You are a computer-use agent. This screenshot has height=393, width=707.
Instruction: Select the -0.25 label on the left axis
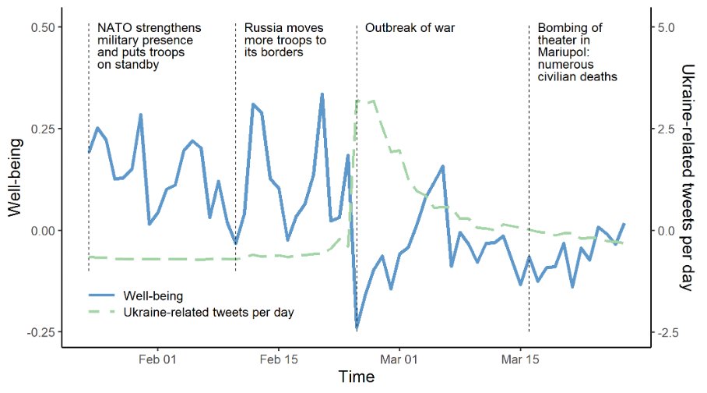pos(40,332)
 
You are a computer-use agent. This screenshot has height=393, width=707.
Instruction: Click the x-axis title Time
pos(356,378)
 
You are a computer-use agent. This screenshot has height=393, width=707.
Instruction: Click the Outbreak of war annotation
pos(410,28)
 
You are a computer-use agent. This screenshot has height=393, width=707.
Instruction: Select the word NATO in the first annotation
pos(114,28)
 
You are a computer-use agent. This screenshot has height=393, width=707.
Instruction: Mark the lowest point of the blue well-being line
pos(357,328)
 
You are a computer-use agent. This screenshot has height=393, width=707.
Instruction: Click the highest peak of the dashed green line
pos(374,101)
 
